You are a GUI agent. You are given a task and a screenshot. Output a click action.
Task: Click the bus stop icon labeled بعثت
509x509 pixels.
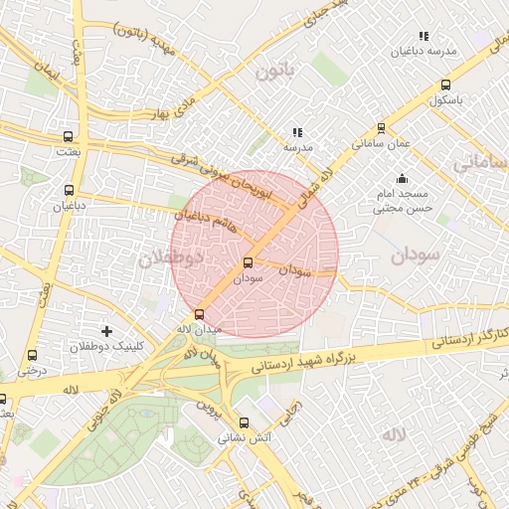click(68, 136)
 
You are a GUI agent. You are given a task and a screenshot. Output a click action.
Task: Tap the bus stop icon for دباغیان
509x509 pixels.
click(69, 190)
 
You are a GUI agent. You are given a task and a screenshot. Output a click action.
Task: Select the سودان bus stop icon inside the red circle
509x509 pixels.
click(248, 263)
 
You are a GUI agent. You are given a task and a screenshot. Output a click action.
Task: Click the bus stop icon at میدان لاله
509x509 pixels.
click(198, 314)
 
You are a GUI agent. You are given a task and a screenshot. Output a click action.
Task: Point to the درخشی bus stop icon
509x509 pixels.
click(33, 355)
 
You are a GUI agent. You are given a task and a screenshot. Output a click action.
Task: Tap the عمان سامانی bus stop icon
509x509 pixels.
click(381, 128)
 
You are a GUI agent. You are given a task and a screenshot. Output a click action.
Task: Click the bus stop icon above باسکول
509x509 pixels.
click(444, 85)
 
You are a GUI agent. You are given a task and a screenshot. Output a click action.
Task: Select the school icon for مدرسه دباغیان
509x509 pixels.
click(424, 36)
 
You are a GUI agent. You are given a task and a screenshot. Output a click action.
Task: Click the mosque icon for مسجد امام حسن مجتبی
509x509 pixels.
click(402, 180)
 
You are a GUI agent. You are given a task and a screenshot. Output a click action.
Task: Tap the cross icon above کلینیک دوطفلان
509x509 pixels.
click(107, 330)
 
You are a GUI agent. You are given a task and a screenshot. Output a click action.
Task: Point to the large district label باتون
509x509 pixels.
click(275, 72)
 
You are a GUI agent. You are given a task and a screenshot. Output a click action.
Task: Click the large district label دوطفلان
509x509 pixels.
click(170, 258)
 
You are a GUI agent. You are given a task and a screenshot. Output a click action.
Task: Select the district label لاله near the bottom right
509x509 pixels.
click(394, 434)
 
